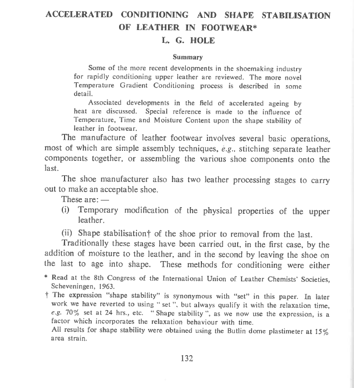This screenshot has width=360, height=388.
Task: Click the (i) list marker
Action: click(66, 210)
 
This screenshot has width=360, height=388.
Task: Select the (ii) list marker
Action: click(67, 233)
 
